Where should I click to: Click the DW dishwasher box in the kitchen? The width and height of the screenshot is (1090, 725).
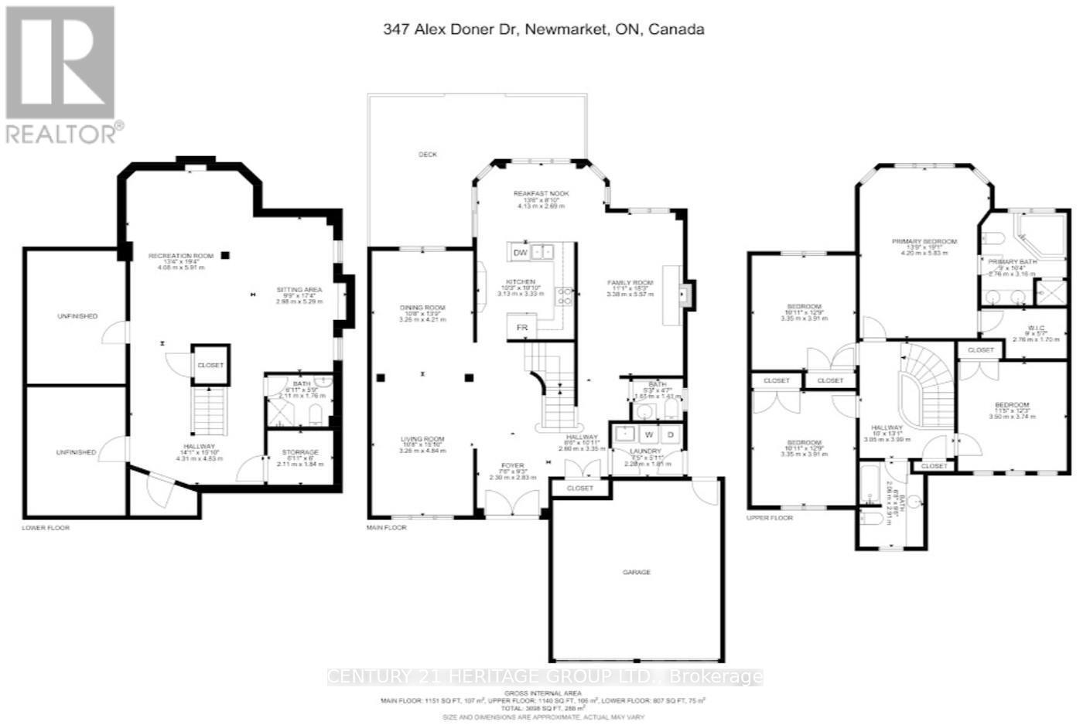[x=520, y=252]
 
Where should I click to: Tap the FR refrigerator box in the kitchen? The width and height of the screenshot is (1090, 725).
[x=522, y=328]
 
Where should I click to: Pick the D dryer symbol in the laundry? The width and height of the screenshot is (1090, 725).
[x=670, y=434]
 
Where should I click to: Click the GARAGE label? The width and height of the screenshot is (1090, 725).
[x=637, y=572]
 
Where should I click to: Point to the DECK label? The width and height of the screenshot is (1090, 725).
[x=428, y=155]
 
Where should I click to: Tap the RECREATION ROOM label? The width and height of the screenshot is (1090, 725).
[x=180, y=256]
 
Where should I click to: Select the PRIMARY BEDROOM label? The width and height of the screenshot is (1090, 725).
[x=924, y=241]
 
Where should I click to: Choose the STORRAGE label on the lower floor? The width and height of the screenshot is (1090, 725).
[x=299, y=452]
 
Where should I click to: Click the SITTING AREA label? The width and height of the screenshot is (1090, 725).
[x=299, y=290]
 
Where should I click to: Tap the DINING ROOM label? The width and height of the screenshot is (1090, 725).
[x=422, y=308]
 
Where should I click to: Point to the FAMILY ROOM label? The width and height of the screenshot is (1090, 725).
[x=630, y=283]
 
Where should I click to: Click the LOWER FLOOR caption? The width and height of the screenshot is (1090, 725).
[x=46, y=528]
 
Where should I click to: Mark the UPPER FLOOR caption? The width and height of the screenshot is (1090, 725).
[x=770, y=518]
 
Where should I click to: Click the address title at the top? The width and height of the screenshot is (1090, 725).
[x=544, y=29]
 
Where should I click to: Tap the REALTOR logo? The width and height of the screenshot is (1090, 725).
[x=62, y=75]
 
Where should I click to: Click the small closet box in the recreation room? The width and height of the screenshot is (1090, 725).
[x=210, y=365]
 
